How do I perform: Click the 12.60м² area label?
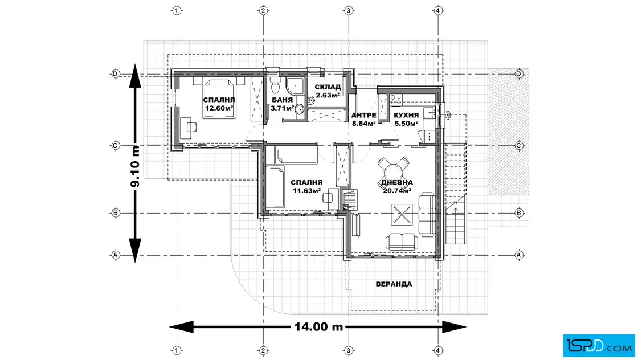point(219,108)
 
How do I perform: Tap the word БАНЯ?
point(283,100)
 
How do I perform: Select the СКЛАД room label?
point(328,87)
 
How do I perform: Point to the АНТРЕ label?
point(363,116)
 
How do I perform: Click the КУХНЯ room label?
point(406,116)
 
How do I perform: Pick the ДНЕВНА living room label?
point(396,183)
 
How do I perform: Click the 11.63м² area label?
point(306,190)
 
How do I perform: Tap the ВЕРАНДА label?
point(394,284)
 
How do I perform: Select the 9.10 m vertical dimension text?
point(135,167)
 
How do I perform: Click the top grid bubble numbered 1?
point(177,11)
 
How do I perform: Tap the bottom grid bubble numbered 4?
point(438,350)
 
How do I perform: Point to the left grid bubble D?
point(116,74)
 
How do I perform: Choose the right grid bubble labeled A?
point(519,255)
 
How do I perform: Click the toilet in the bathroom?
point(276,85)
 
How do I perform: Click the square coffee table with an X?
point(402,214)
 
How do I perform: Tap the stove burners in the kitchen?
point(396,99)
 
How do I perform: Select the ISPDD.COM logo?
point(599,346)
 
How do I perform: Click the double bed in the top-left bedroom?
point(219,98)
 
